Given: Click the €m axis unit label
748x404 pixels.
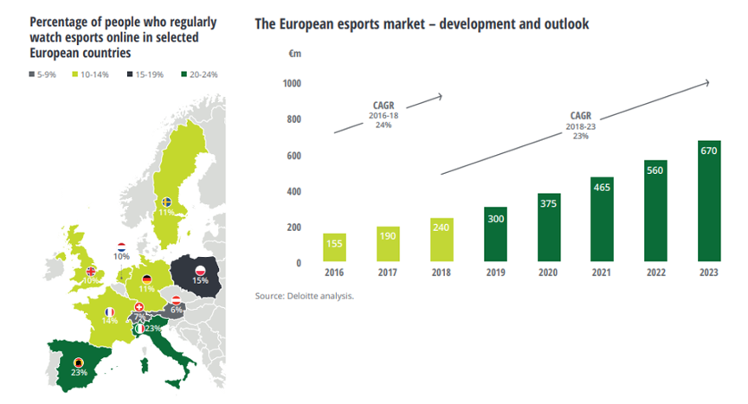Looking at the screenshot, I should tap(294, 53).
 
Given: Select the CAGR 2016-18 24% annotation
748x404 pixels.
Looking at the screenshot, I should tap(384, 116).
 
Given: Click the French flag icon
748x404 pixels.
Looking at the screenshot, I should tap(110, 311).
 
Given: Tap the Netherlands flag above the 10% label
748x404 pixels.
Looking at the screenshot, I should tap(121, 247).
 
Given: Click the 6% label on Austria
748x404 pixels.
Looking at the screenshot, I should tap(176, 310).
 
